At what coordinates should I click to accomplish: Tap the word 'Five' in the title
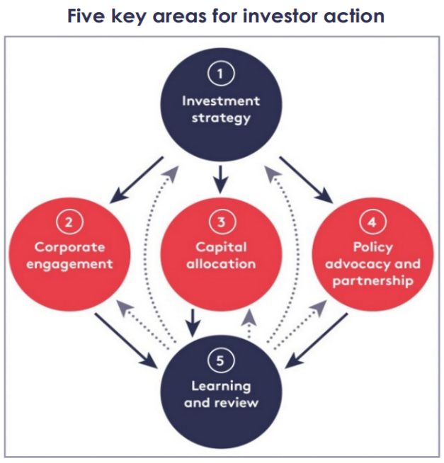click(x=86, y=16)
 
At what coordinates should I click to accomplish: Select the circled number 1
click(x=221, y=73)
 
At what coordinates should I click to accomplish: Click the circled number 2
click(x=69, y=222)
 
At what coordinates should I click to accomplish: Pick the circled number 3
click(x=222, y=222)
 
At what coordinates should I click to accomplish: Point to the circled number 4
click(x=372, y=222)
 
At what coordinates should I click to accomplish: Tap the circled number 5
click(x=221, y=361)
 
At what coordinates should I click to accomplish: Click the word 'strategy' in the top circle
click(x=221, y=118)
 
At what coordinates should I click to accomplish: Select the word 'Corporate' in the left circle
click(x=69, y=248)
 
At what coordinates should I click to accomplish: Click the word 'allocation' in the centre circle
click(x=221, y=263)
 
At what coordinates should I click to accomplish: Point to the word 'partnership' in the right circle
click(x=372, y=281)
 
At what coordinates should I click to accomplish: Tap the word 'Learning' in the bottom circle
click(x=221, y=387)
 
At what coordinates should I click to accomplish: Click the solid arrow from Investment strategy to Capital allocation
click(x=220, y=180)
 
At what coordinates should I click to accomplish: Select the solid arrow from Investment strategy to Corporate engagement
click(x=136, y=180)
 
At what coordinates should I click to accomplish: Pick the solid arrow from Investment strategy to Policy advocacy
click(x=306, y=180)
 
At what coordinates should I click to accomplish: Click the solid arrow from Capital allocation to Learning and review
click(x=193, y=323)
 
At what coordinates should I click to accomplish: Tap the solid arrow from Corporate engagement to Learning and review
click(x=126, y=341)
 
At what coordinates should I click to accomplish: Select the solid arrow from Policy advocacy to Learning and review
click(x=317, y=341)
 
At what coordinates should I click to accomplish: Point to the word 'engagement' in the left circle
click(x=69, y=264)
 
